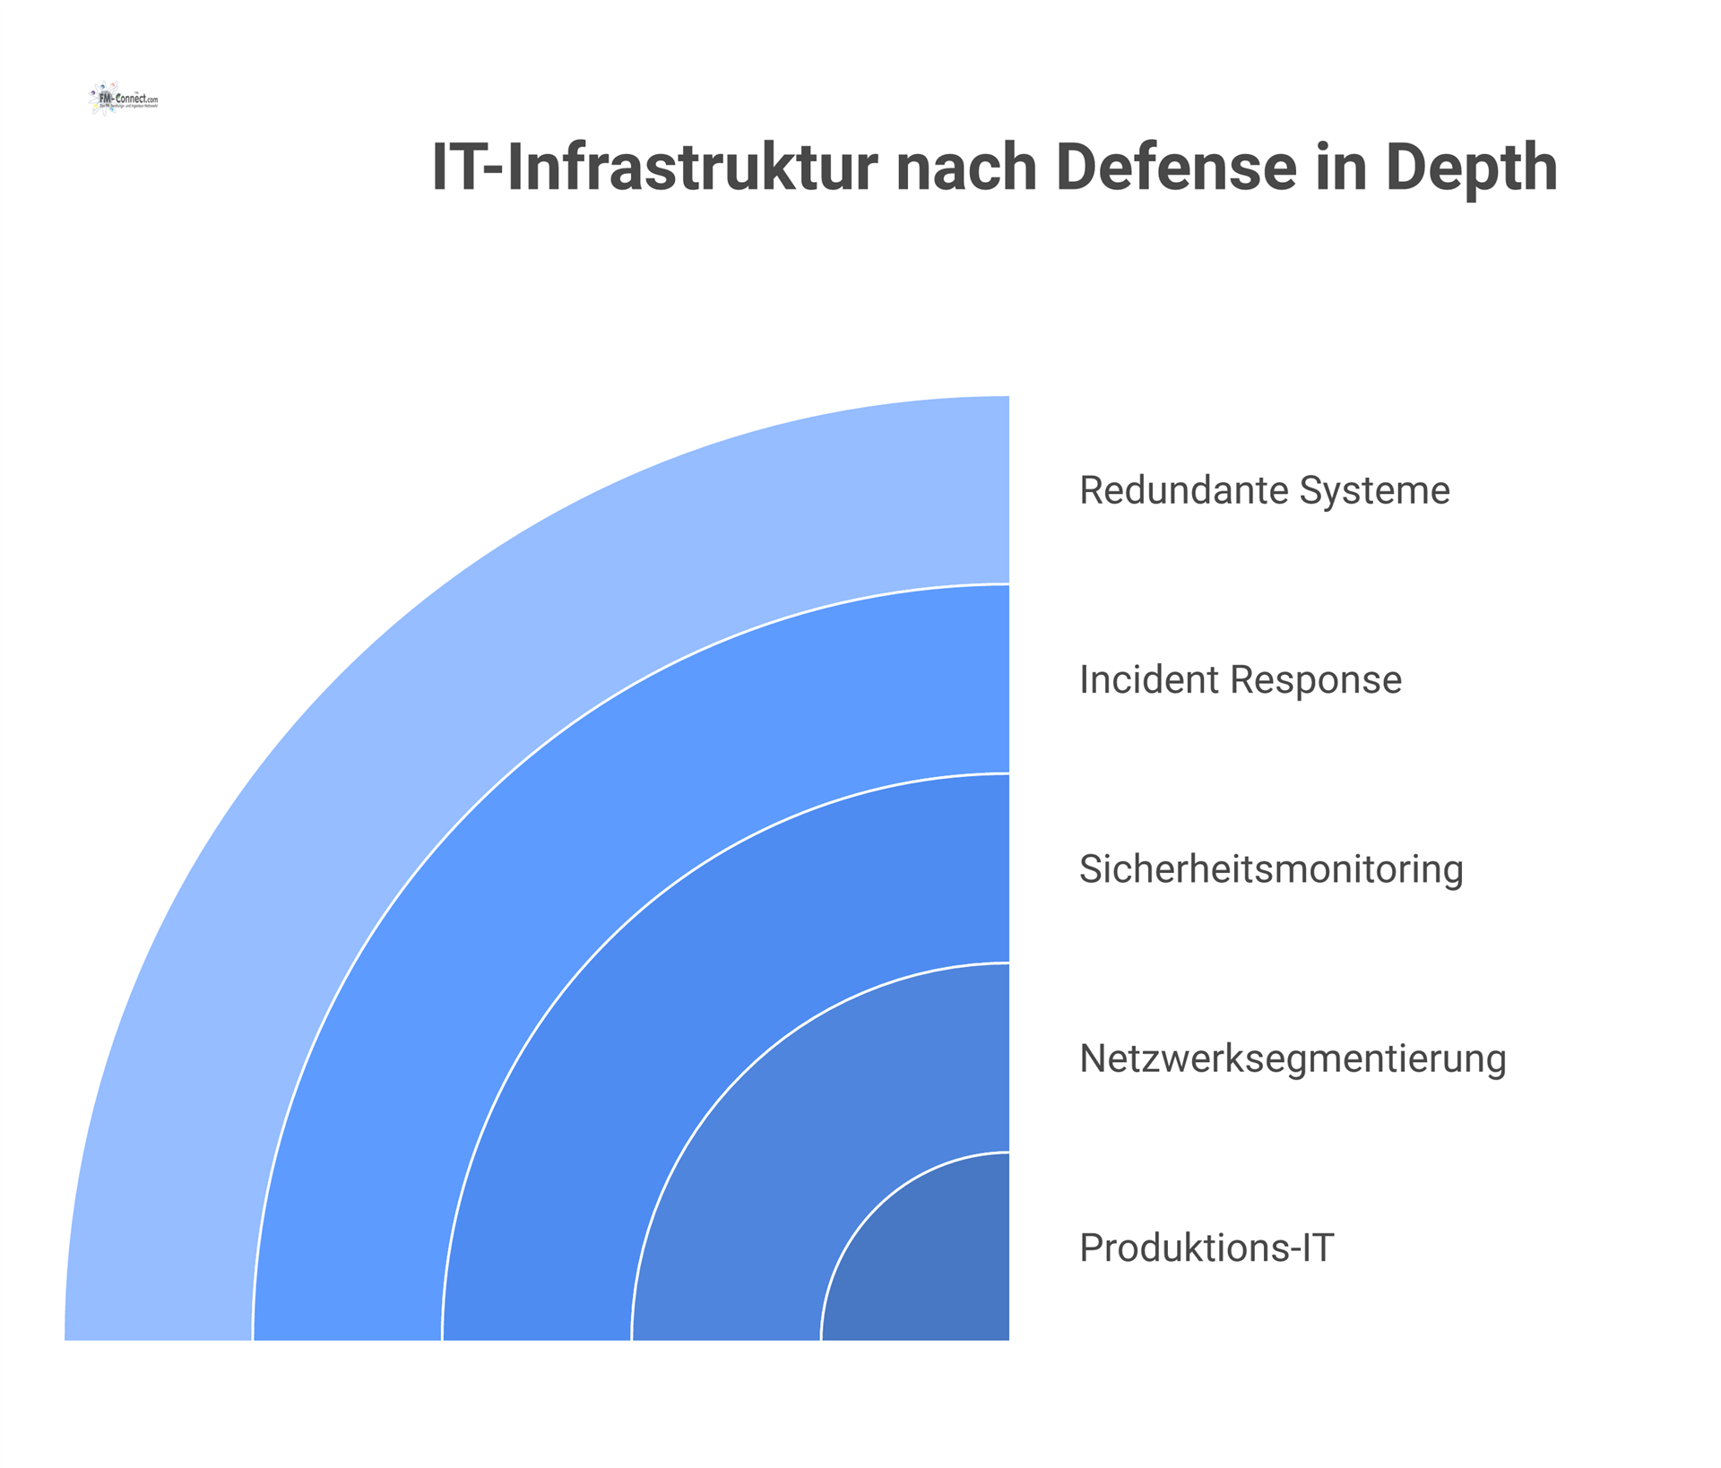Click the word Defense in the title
click(1176, 168)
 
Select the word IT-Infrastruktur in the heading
click(655, 168)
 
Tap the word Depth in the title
click(1471, 168)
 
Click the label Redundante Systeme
click(1264, 491)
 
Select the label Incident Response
click(1240, 680)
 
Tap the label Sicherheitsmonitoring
click(1270, 869)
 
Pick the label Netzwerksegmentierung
click(1292, 1058)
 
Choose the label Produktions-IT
click(1206, 1248)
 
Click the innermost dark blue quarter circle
click(932, 1264)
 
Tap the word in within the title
click(1341, 168)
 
